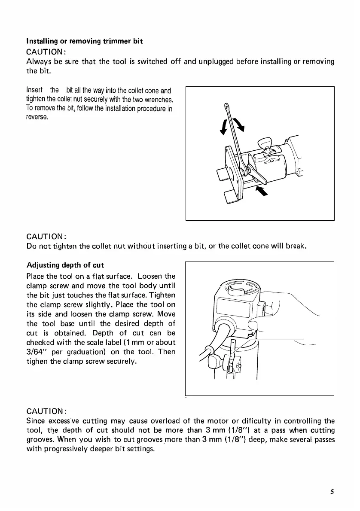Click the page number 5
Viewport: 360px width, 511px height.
[x=332, y=492]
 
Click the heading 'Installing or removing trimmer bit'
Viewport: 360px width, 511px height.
[x=85, y=41]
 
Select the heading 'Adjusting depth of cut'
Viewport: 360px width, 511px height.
[x=65, y=265]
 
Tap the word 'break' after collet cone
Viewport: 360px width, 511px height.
[x=296, y=246]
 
